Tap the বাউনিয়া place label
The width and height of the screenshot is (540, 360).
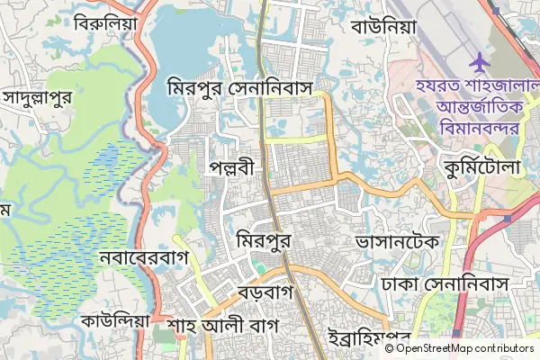click(x=384, y=26)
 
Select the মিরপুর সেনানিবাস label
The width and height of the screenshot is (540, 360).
click(x=251, y=88)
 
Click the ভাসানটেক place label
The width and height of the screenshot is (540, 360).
click(x=397, y=242)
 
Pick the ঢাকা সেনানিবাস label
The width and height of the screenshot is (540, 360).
click(x=445, y=283)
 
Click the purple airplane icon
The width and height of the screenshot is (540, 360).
click(x=479, y=64)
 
